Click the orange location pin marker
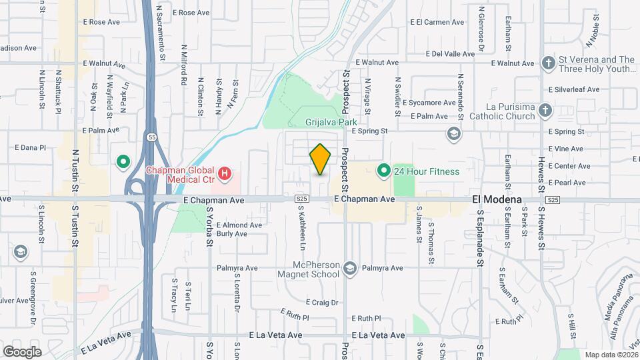coord(321,159)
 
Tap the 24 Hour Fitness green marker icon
coord(383,171)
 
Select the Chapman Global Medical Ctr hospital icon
coord(225,175)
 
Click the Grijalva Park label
coord(331,122)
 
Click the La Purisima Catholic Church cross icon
coord(545,111)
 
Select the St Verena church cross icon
coord(548,63)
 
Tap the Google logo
coord(22,351)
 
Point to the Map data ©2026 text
coord(611,355)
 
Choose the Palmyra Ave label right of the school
coord(383,268)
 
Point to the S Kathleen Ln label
coord(301,227)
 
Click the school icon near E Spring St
coord(454,134)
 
